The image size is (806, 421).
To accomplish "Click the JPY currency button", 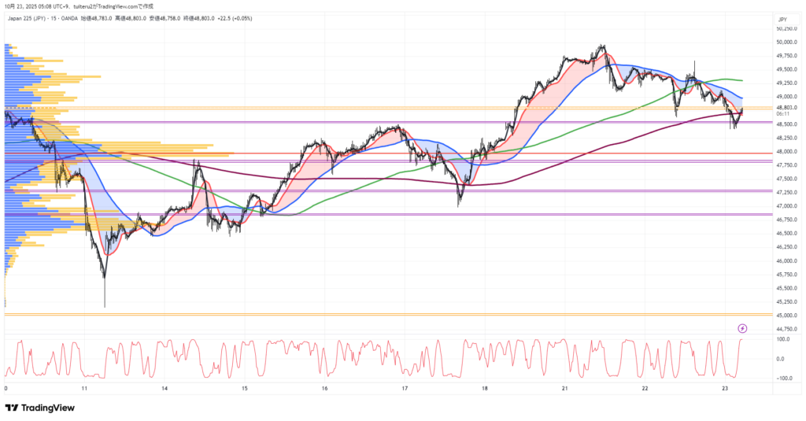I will pyautogui.click(x=782, y=19).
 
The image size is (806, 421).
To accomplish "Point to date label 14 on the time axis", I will pyautogui.click(x=165, y=389).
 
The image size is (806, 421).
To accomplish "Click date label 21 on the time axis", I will pyautogui.click(x=565, y=389).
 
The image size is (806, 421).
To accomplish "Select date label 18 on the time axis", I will pyautogui.click(x=485, y=389).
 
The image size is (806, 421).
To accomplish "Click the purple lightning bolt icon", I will pyautogui.click(x=742, y=327).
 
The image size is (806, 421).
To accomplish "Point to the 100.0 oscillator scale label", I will pyautogui.click(x=784, y=339).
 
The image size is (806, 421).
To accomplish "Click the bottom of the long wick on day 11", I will pyautogui.click(x=105, y=307).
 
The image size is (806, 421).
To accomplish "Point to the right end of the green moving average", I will pyautogui.click(x=743, y=80).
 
